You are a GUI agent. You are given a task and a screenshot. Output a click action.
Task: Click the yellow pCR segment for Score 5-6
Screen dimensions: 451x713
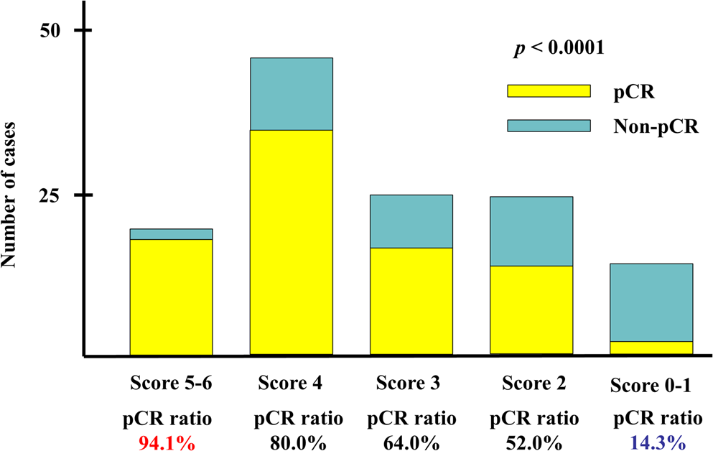(x=171, y=297)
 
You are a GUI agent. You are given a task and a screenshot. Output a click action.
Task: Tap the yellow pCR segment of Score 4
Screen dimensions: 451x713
(x=291, y=242)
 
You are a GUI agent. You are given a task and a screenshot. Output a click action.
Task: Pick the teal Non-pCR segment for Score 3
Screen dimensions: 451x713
(x=411, y=221)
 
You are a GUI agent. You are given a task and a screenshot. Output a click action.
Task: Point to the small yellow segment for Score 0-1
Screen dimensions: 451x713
(x=651, y=348)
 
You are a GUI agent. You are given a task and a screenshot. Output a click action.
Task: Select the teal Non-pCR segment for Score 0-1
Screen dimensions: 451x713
(x=651, y=302)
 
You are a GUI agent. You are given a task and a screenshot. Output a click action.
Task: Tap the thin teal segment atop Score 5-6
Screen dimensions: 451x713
(x=171, y=234)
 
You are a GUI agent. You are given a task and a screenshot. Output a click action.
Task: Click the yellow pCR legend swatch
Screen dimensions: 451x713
(x=548, y=90)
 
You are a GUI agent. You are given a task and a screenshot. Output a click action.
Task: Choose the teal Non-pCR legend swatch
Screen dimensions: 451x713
(x=548, y=126)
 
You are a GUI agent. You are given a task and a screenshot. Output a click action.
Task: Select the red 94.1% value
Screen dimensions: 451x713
(x=167, y=443)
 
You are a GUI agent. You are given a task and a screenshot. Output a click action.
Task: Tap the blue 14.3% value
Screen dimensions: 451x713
(x=651, y=443)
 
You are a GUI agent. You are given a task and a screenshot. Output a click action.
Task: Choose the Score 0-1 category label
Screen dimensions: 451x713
(x=651, y=385)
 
